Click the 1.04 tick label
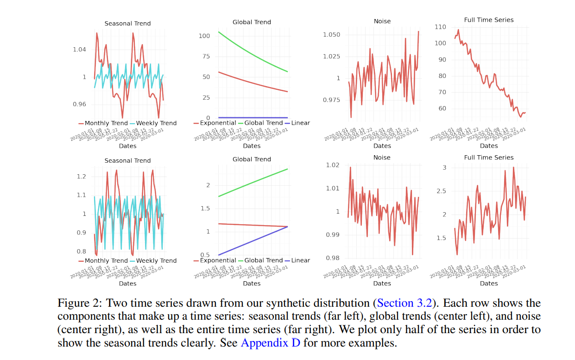tap(80, 50)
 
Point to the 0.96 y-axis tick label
tap(80, 105)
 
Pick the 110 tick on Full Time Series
tap(441, 27)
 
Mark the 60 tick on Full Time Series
tap(442, 109)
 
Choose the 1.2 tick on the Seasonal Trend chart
tap(82, 177)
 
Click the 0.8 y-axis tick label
tap(82, 252)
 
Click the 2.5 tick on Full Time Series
tap(441, 191)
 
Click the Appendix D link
tap(270, 344)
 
